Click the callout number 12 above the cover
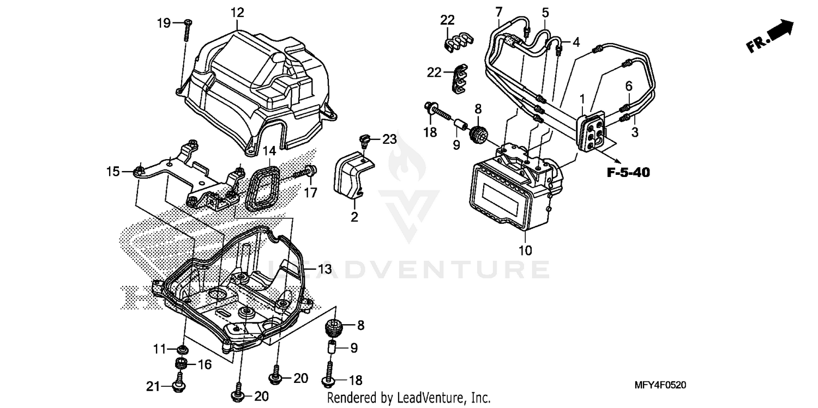237,11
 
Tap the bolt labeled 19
187,30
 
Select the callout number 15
113,172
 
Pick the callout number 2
354,218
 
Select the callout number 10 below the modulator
525,251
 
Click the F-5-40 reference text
628,173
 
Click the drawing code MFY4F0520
659,385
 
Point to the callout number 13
324,269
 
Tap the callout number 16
204,364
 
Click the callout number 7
498,11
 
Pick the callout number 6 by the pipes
629,86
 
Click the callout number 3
635,132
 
